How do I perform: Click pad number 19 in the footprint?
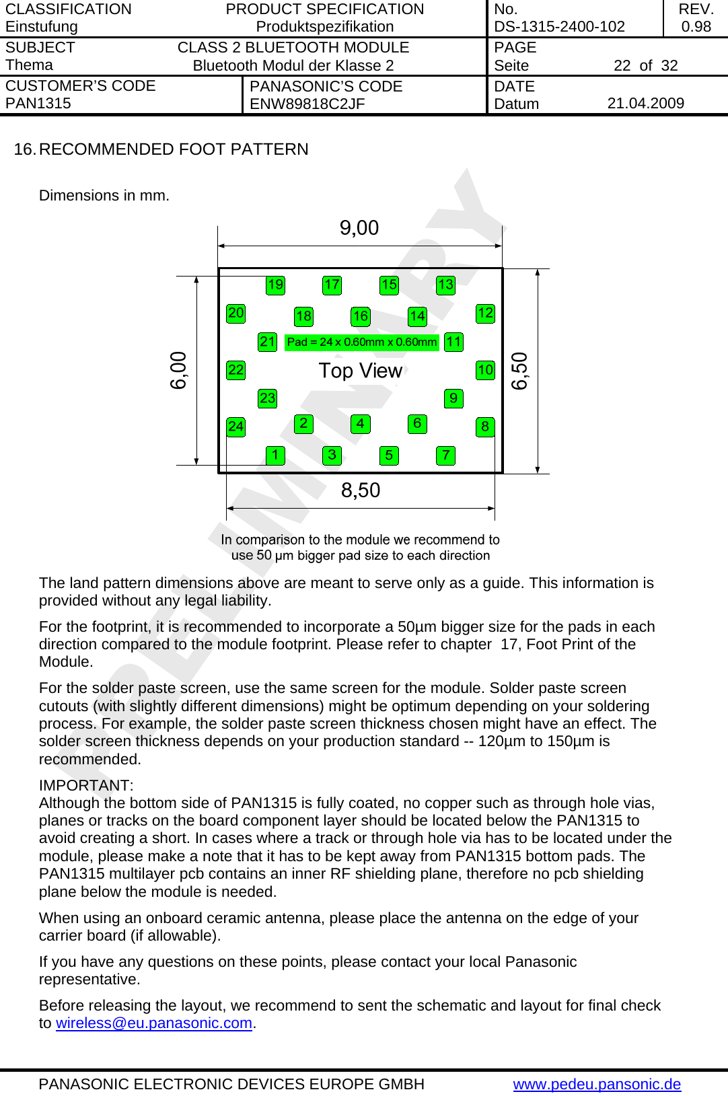(x=275, y=285)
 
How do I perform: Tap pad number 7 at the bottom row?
(x=445, y=455)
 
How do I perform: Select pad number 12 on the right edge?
(x=485, y=313)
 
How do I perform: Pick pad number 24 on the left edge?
(x=235, y=427)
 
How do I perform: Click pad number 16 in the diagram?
(x=361, y=316)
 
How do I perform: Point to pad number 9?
(x=453, y=398)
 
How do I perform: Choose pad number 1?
(x=275, y=455)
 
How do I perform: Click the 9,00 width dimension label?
(x=359, y=228)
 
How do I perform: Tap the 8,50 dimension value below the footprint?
(x=360, y=490)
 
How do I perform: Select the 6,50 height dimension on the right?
(x=519, y=371)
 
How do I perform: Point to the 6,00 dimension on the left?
(x=178, y=371)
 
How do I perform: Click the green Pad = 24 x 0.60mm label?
(x=361, y=342)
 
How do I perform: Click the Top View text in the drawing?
(x=360, y=371)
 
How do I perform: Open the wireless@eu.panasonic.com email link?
(x=154, y=1023)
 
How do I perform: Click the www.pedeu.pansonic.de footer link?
(x=597, y=1085)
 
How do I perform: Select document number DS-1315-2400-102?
(x=559, y=27)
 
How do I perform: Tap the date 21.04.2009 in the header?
(x=645, y=104)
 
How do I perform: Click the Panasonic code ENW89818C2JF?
(x=307, y=104)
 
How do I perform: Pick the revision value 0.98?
(x=696, y=27)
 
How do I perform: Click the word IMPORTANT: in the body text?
(x=86, y=786)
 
